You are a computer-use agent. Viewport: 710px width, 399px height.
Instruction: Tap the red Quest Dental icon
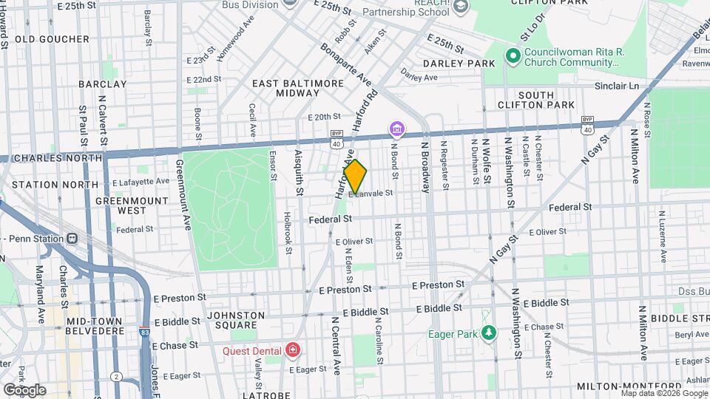(294, 349)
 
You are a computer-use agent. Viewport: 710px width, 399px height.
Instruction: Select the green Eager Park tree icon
(487, 333)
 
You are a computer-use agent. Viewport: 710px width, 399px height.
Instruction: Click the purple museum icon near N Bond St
(397, 131)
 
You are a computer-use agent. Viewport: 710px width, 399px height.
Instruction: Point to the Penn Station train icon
(72, 238)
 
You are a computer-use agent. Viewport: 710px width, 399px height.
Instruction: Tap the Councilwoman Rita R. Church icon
(512, 55)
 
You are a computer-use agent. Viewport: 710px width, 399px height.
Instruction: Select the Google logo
(24, 390)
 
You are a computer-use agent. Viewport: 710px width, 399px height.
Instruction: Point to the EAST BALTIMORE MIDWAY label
(298, 89)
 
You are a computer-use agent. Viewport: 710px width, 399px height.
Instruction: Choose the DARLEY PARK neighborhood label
(459, 64)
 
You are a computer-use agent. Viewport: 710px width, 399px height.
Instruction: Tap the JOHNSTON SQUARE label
(236, 320)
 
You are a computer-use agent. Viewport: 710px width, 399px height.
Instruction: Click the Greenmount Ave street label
(183, 195)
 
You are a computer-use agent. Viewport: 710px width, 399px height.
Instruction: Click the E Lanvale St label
(372, 193)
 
